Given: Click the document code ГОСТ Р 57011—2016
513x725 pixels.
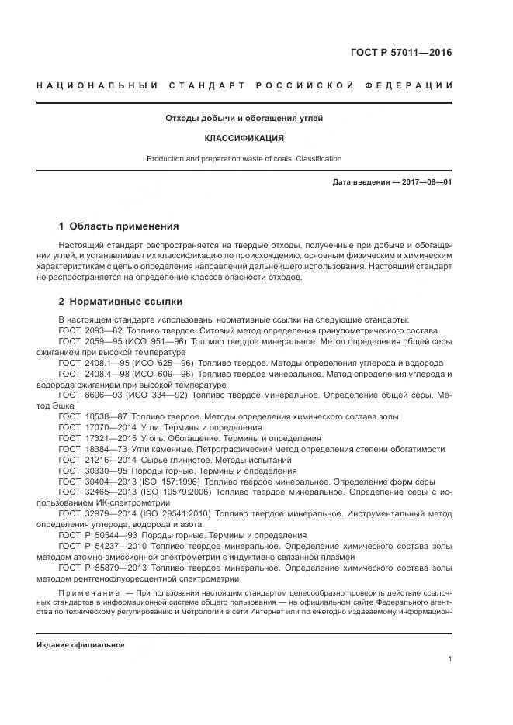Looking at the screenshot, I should (x=401, y=54).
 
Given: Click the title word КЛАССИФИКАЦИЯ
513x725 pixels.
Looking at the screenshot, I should (x=244, y=139).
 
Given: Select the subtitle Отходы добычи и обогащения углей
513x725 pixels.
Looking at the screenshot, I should (x=244, y=119).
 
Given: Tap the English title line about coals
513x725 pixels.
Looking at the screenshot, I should (x=244, y=159).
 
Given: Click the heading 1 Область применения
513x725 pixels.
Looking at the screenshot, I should (x=119, y=226).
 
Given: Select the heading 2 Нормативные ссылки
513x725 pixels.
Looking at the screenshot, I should (x=120, y=302).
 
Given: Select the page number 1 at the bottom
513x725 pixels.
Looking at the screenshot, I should (x=450, y=659).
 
